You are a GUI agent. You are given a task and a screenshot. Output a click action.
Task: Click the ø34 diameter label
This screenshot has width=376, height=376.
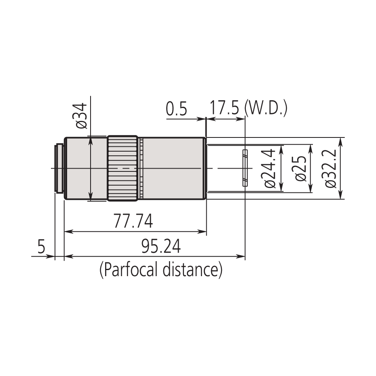pyautogui.click(x=81, y=116)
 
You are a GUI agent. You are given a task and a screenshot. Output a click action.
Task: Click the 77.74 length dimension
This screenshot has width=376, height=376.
pyautogui.click(x=133, y=222)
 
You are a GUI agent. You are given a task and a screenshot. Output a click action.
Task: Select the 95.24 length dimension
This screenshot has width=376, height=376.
pyautogui.click(x=161, y=246)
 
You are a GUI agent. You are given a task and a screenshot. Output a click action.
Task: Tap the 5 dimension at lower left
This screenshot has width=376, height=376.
pyautogui.click(x=41, y=246)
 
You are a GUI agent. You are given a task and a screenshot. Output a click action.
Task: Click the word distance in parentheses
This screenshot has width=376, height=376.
pyautogui.click(x=192, y=270)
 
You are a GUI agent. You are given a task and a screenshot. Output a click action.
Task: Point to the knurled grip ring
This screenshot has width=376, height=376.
pyautogui.click(x=123, y=168)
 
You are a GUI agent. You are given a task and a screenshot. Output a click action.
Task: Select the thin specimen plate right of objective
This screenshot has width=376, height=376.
pyautogui.click(x=245, y=168)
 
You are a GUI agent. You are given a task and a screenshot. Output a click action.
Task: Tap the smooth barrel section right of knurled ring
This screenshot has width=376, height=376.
pyautogui.click(x=174, y=168)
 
